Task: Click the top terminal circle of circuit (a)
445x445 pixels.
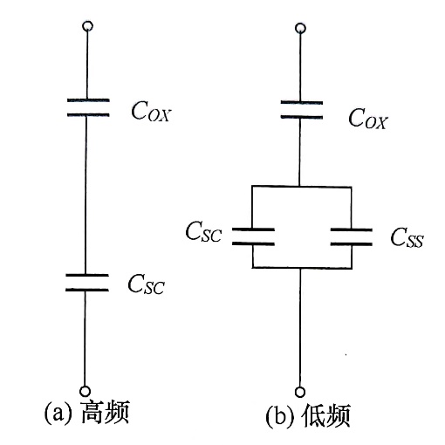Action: coord(86,28)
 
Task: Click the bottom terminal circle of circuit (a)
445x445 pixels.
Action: coord(86,390)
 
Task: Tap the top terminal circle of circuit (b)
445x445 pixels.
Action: coord(300,30)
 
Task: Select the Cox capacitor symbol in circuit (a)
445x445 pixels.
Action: coord(86,107)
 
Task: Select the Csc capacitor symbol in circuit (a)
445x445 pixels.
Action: coord(86,281)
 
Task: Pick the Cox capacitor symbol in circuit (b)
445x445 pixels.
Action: coord(300,108)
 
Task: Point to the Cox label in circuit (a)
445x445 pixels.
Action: coord(150,112)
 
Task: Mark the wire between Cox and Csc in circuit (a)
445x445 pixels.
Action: coord(86,192)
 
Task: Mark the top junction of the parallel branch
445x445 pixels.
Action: coord(300,186)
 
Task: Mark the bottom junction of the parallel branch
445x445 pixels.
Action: coord(300,268)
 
